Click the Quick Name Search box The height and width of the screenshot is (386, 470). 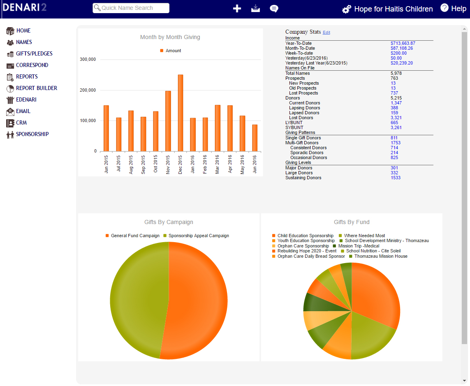[x=131, y=8]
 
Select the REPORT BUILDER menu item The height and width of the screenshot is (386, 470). [x=36, y=88]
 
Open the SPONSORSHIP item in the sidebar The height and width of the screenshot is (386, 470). [x=32, y=134]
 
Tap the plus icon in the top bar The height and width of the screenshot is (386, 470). [x=237, y=9]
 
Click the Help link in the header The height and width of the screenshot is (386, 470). [x=453, y=8]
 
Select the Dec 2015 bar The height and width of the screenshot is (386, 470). [x=180, y=113]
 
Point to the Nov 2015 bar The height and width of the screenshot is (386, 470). [x=168, y=121]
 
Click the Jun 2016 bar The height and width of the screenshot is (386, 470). [x=255, y=138]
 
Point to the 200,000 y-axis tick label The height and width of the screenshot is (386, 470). [x=88, y=90]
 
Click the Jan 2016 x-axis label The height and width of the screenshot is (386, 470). [x=192, y=164]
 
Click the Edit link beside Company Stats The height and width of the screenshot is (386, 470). [x=326, y=32]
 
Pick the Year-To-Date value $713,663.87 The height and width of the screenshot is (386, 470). [x=403, y=43]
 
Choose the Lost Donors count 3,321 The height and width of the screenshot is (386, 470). [x=396, y=118]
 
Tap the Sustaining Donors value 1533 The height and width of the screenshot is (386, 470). [x=395, y=178]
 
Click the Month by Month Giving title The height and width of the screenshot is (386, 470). [x=170, y=37]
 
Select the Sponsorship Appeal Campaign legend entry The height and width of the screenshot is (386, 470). [x=198, y=236]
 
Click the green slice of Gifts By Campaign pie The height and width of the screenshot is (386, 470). [x=136, y=300]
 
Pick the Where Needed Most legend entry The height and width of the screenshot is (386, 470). [x=364, y=236]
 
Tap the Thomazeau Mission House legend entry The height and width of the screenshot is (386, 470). [x=380, y=256]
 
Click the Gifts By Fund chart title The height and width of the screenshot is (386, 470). [x=352, y=222]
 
